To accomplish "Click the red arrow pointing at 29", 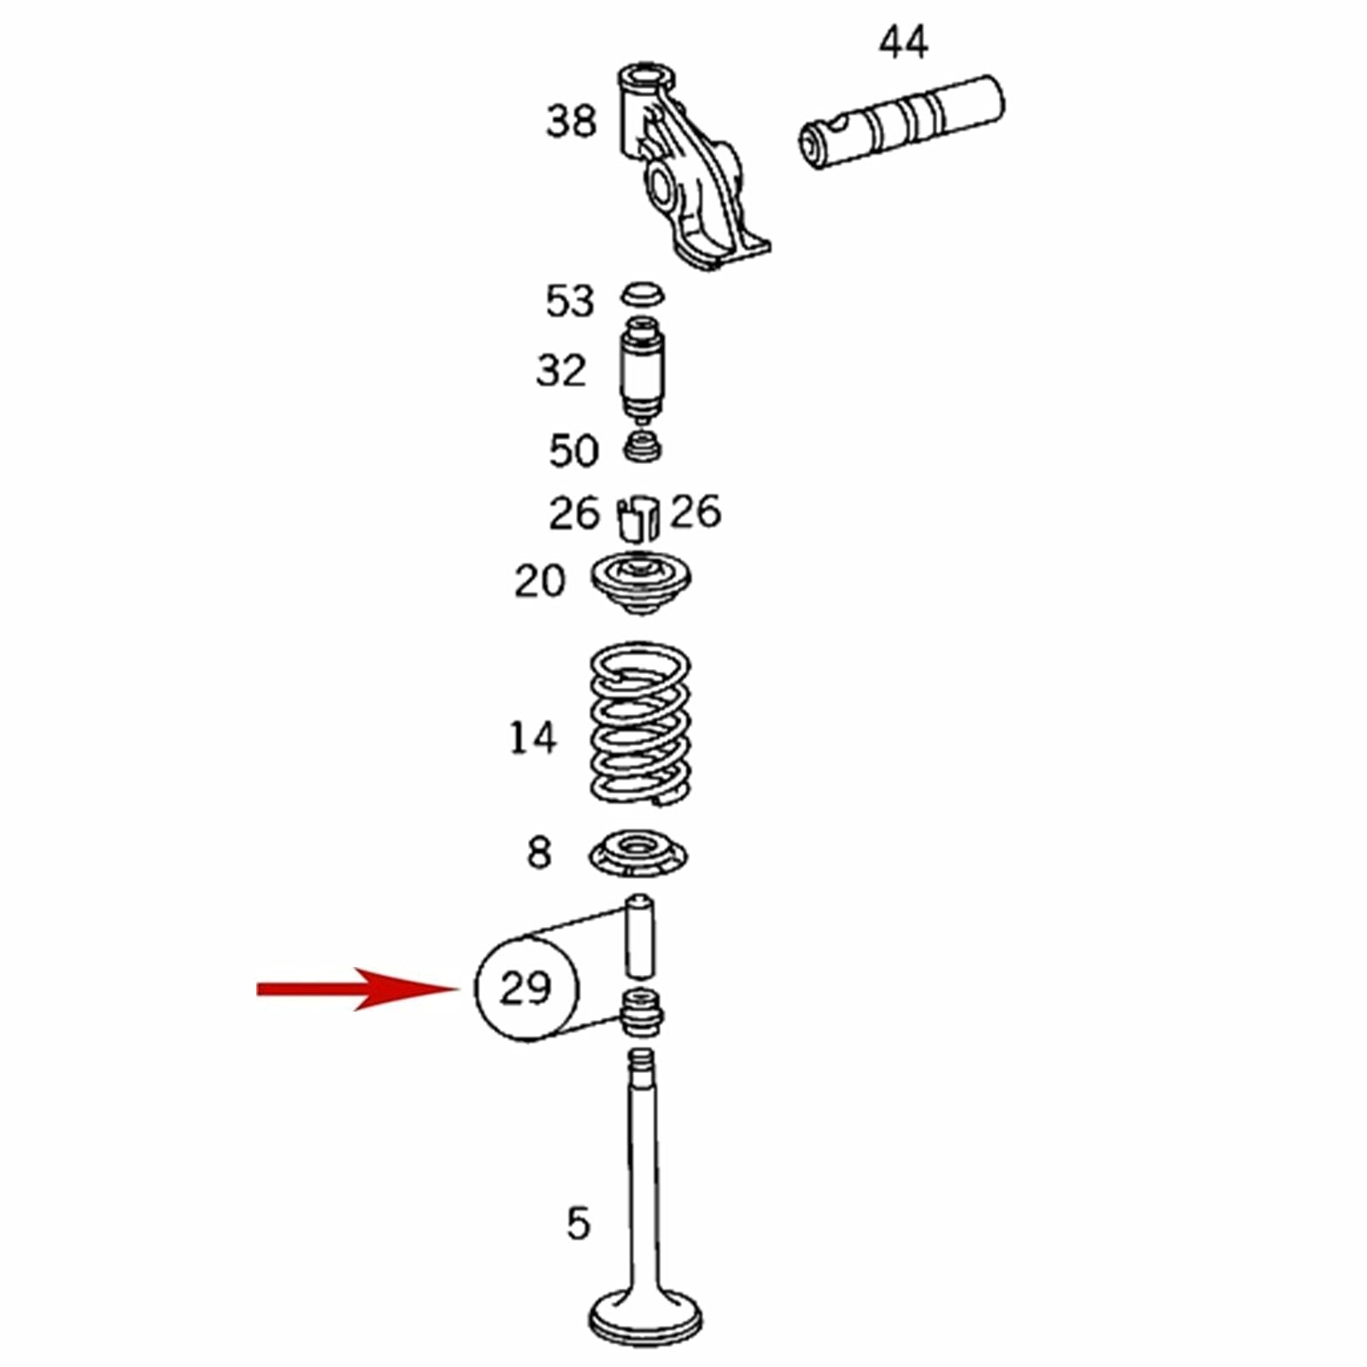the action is (359, 989).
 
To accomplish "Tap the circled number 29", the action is (526, 989).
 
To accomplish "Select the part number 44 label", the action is (903, 43).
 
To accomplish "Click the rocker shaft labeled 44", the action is (901, 123).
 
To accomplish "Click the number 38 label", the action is (571, 120).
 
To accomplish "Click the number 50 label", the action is (573, 450).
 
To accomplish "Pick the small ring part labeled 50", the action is (642, 446).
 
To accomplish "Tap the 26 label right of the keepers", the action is (695, 512).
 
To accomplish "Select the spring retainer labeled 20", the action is (642, 584).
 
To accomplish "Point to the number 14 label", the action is (533, 736).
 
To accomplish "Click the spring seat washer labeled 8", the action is (638, 855).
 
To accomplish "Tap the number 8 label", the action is (539, 853).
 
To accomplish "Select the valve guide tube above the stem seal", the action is (639, 936).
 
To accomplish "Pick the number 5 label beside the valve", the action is (578, 1224).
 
